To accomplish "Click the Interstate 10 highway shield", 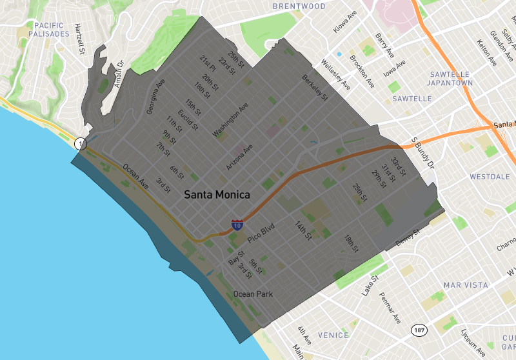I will [237, 226].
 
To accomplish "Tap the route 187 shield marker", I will [419, 330].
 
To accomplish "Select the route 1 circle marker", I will [80, 143].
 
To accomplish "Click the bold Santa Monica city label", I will [217, 194].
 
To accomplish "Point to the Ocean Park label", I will [253, 294].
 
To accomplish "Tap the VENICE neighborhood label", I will [333, 335].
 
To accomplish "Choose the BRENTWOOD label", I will [299, 6].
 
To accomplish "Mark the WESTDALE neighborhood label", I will [490, 176].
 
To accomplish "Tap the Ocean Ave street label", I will [135, 176].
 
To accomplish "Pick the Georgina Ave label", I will [155, 97].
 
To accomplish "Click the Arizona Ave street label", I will [239, 157].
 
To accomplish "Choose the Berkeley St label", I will [315, 88].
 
